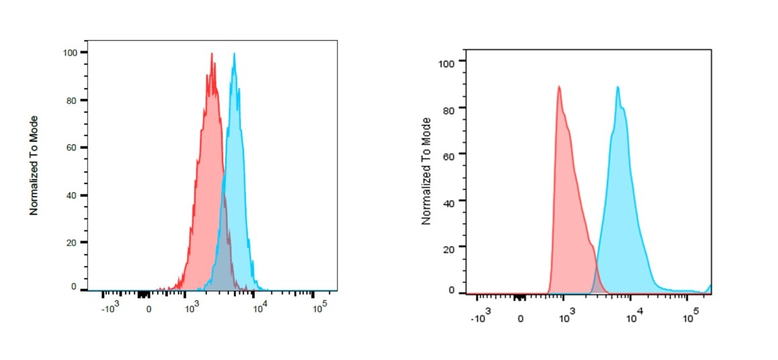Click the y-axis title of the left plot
pyautogui.click(x=34, y=165)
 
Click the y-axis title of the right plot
pyautogui.click(x=425, y=171)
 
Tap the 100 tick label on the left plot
pyautogui.click(x=69, y=52)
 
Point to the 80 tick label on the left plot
pyautogui.click(x=72, y=101)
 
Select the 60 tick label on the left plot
pyautogui.click(x=72, y=148)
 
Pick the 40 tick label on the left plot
pyautogui.click(x=72, y=195)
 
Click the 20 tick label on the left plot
pyautogui.click(x=72, y=242)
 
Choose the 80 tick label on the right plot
pyautogui.click(x=449, y=109)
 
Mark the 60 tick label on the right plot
pyautogui.click(x=449, y=155)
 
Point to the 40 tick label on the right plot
pyautogui.click(x=449, y=201)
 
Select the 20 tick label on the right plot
pyautogui.click(x=449, y=247)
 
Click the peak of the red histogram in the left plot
pyautogui.click(x=212, y=54)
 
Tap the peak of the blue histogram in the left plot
pyautogui.click(x=234, y=54)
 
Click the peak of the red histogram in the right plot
pyautogui.click(x=558, y=87)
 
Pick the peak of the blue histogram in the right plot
pyautogui.click(x=617, y=87)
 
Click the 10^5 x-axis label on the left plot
pyautogui.click(x=320, y=307)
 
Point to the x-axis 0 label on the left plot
pyautogui.click(x=148, y=310)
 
